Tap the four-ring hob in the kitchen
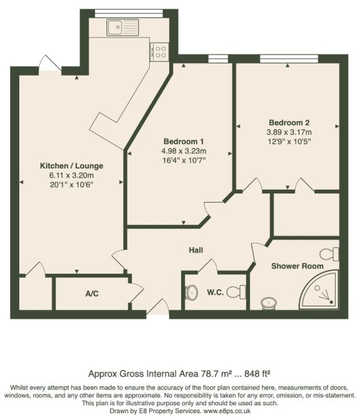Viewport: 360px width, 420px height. tap(161, 52)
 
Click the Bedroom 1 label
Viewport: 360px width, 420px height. tap(183, 141)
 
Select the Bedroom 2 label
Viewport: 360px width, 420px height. tap(289, 122)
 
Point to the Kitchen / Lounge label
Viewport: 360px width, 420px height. tap(71, 166)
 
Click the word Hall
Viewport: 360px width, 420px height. tap(197, 250)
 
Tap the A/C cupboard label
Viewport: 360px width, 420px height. tap(92, 294)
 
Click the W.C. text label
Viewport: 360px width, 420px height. tap(215, 293)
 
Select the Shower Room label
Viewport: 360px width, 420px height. tap(297, 266)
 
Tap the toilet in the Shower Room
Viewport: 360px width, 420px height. tap(329, 254)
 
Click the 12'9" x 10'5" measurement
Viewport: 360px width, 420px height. tap(289, 142)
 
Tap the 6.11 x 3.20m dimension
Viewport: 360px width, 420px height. tap(71, 175)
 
